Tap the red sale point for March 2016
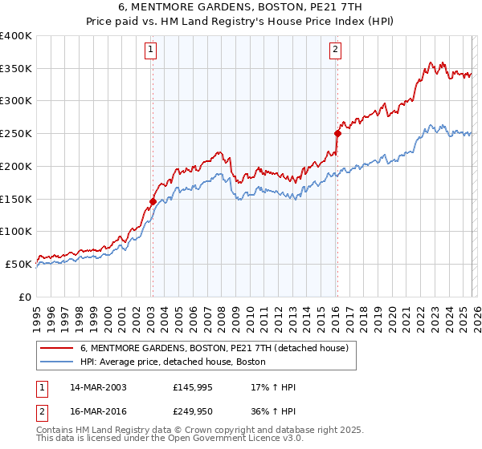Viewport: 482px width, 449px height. (337, 134)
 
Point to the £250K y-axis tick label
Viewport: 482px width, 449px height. (16, 134)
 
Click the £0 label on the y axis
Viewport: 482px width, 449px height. (26, 297)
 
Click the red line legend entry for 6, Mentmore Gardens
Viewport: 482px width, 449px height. (214, 349)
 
